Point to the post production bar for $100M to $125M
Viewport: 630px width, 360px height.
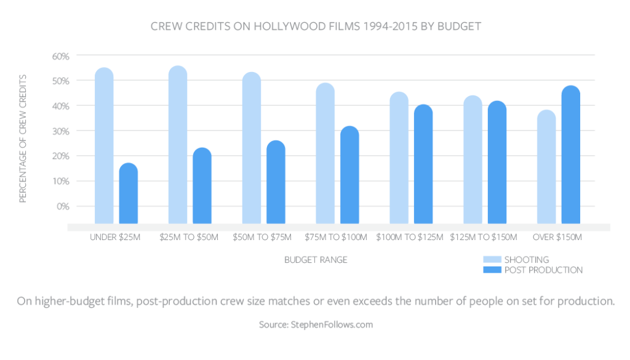[x=423, y=164]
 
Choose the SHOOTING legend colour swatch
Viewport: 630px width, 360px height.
[x=492, y=259]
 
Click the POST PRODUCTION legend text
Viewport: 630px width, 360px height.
[x=543, y=270]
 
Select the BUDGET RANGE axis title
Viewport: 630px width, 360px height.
[x=316, y=260]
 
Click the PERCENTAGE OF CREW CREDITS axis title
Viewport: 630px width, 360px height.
[x=23, y=138]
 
